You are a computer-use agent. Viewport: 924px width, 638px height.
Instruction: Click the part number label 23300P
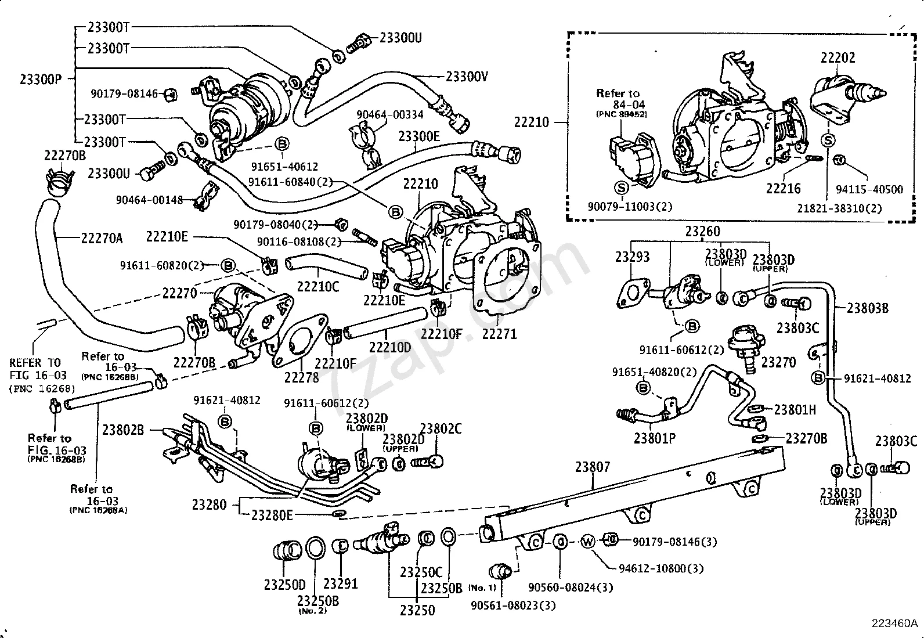coord(40,80)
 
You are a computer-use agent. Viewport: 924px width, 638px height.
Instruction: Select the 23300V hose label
coord(467,75)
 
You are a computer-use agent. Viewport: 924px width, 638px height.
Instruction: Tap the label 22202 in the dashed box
coord(838,57)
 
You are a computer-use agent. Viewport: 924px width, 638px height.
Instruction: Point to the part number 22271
coord(499,334)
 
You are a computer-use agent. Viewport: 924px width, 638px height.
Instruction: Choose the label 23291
coord(341,583)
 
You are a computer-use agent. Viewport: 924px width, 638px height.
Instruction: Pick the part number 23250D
coord(284,585)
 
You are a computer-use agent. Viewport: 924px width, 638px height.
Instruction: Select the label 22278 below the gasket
coord(301,377)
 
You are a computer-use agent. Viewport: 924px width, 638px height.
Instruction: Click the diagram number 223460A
coord(894,623)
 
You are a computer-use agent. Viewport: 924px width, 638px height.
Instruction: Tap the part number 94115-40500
coord(869,189)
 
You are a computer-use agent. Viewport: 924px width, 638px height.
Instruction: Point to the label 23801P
coord(655,438)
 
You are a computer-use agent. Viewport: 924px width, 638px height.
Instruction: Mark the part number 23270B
coord(806,438)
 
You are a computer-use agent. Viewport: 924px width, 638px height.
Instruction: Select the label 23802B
coord(123,430)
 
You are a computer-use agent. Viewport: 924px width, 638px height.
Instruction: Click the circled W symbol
coord(588,542)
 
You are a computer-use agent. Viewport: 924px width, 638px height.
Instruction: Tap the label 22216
coord(783,188)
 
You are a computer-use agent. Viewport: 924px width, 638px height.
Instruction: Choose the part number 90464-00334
coord(390,115)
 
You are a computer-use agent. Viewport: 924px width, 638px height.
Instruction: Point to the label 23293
coord(633,257)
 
